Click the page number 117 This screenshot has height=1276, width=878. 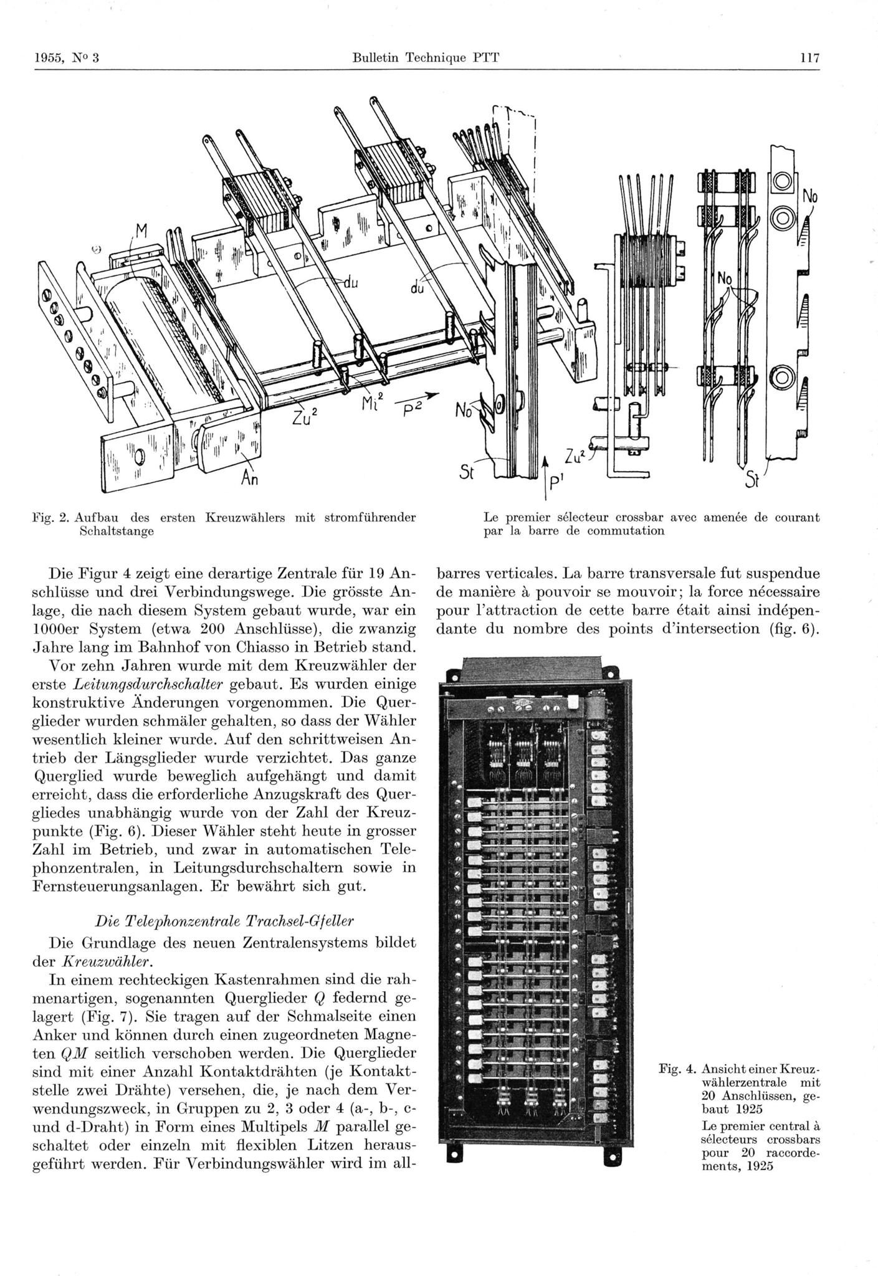pyautogui.click(x=809, y=59)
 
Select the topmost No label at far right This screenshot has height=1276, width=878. pyautogui.click(x=809, y=197)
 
